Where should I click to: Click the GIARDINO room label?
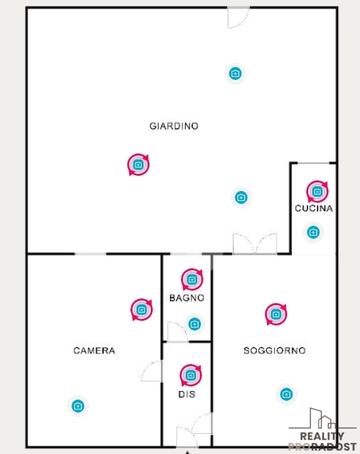click(174, 126)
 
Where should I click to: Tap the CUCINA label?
click(313, 208)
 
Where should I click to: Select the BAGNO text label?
click(187, 298)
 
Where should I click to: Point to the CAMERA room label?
click(94, 350)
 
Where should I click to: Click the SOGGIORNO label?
click(275, 350)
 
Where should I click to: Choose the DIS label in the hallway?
click(187, 394)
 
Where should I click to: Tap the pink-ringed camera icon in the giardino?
click(138, 165)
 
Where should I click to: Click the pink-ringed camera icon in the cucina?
click(317, 192)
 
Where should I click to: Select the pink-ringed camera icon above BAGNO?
click(192, 279)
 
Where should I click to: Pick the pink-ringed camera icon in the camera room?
click(142, 310)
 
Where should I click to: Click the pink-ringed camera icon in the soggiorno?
click(276, 314)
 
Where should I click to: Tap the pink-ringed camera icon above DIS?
click(190, 375)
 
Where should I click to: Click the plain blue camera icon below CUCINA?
click(313, 232)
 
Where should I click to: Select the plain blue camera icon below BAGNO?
click(195, 324)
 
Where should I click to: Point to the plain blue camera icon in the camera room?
click(78, 406)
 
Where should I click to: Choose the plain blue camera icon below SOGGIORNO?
click(286, 394)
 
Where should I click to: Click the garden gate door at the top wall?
click(238, 17)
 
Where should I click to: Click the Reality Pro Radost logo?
click(323, 430)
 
